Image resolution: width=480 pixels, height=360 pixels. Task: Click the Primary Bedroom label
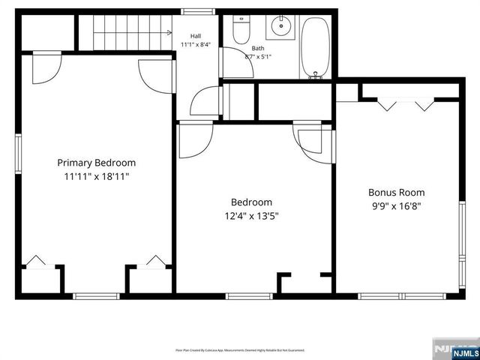(97, 163)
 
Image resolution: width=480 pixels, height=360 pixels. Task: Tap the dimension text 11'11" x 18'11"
(97, 178)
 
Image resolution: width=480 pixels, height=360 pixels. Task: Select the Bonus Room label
(395, 191)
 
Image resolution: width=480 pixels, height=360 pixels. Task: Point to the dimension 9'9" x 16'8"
(395, 206)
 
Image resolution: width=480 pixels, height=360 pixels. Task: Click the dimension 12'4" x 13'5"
(251, 217)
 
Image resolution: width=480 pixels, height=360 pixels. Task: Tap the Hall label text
(196, 35)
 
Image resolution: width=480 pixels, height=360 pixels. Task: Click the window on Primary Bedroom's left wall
(18, 154)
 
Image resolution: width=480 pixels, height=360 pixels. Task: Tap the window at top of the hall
(195, 11)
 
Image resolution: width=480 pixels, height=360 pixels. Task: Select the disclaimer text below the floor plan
(239, 349)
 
